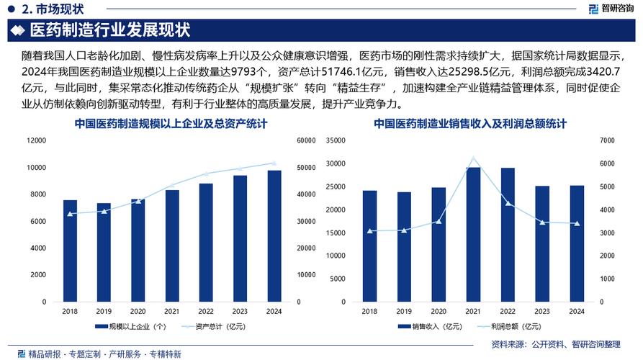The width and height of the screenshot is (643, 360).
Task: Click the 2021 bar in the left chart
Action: (172, 245)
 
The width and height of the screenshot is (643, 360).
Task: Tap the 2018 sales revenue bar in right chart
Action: (369, 246)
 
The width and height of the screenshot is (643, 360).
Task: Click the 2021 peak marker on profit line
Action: (473, 158)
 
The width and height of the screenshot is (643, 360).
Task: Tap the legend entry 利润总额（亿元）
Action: (505, 328)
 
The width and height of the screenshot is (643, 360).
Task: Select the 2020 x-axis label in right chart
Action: (439, 312)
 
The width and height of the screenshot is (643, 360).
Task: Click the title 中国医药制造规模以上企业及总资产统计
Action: (170, 125)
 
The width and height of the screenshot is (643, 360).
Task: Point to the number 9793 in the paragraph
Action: (248, 71)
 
